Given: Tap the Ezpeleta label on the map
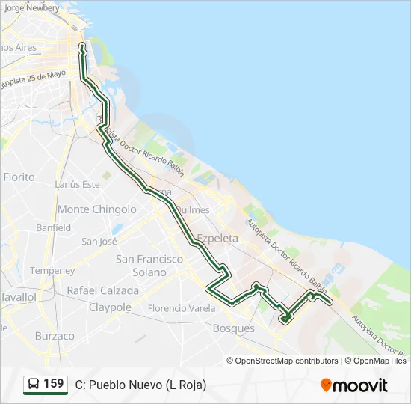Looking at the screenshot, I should point(217,239).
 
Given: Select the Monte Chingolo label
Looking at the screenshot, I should point(97,209).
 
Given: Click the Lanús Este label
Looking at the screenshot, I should point(77,184).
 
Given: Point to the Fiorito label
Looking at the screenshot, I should point(19,177).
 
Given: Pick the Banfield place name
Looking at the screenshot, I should point(53,227).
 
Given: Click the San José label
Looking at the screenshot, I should point(99,242).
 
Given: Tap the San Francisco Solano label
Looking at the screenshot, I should point(149,266).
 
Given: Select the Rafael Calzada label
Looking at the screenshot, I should point(102,290).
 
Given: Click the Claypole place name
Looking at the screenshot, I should point(110,307).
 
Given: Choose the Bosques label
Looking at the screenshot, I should point(234,328).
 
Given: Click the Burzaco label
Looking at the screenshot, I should point(55,337).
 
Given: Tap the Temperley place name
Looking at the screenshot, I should point(52,270).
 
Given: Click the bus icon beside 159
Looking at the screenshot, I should point(34,385).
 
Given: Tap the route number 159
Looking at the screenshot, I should point(54,384).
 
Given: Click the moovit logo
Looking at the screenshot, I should point(354,385).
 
